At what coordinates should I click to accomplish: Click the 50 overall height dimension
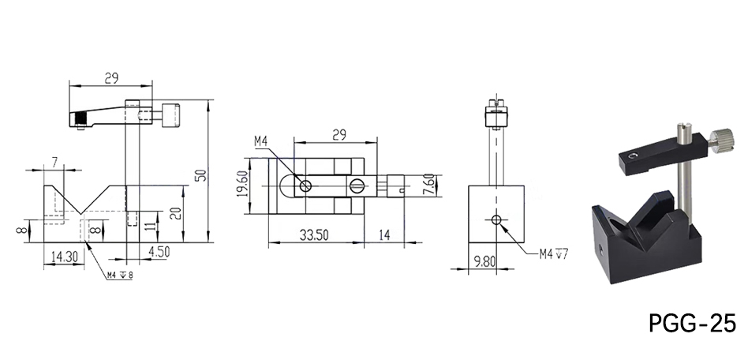coord(202,174)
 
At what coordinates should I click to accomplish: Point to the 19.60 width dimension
coord(243,189)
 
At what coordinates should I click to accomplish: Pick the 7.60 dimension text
coord(425,186)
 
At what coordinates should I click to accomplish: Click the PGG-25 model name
coord(691,323)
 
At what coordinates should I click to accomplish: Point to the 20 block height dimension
coord(175,213)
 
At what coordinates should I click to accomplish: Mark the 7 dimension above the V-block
coord(54,162)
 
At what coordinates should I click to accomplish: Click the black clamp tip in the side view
coord(79,120)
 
